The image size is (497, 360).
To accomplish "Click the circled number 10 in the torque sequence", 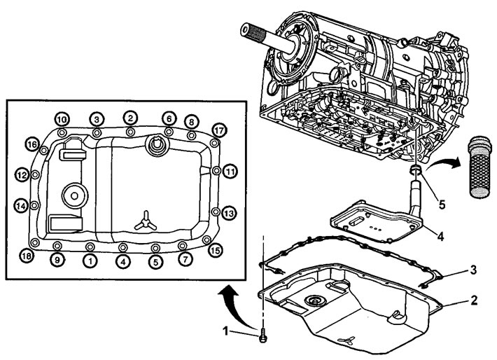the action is [62, 120].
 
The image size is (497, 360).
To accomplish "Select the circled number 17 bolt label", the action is [219, 130].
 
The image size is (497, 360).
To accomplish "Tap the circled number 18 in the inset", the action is [27, 256].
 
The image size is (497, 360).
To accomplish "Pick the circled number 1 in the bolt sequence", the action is [91, 261].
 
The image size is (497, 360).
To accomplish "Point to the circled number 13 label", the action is [228, 213].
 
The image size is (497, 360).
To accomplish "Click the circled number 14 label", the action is [21, 206].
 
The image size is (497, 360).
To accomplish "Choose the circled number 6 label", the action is [169, 119].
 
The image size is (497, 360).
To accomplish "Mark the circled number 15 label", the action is [215, 251].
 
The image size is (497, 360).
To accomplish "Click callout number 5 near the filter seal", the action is [442, 205].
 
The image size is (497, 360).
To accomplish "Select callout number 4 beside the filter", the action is [440, 236].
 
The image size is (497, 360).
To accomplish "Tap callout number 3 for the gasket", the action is [473, 270].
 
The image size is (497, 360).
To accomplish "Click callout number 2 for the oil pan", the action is [473, 300].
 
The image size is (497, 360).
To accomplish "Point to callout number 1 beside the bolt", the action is [225, 331].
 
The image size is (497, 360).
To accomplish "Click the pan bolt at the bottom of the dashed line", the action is [262, 336].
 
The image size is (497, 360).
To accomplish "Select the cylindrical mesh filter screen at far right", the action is [480, 167].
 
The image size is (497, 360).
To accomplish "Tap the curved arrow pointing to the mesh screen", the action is [443, 163].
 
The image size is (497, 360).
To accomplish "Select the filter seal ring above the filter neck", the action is [416, 170].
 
